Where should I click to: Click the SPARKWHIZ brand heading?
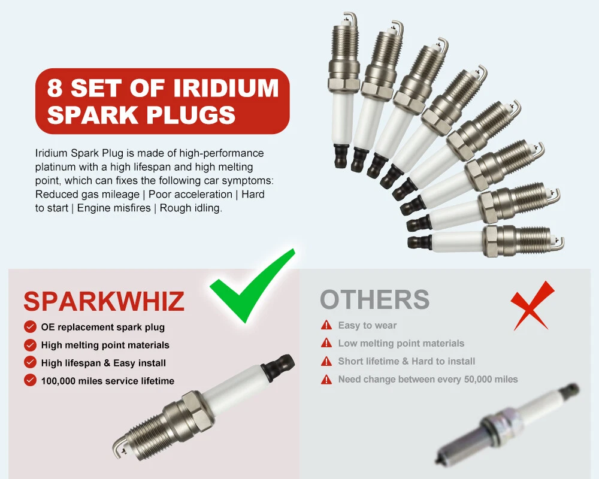(104, 301)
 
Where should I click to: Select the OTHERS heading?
(375, 299)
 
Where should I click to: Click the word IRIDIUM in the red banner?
(226, 88)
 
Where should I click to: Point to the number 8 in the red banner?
(55, 88)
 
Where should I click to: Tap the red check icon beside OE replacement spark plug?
(30, 327)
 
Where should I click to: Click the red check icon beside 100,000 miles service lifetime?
(30, 380)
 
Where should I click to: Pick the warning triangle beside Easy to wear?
(326, 325)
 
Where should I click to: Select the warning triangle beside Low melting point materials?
(326, 343)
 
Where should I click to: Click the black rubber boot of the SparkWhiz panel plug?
(279, 365)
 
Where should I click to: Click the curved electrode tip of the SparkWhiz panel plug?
(119, 446)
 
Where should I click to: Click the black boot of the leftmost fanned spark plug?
(341, 156)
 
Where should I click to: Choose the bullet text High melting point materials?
(105, 345)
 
